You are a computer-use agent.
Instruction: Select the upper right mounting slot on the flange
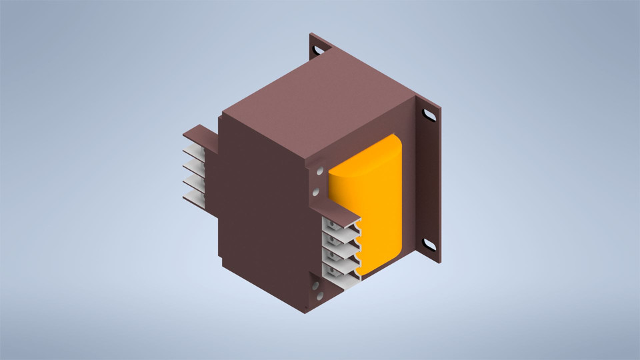pos(430,115)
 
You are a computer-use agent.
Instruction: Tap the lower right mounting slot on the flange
pos(430,245)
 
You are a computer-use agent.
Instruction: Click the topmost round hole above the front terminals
pos(318,171)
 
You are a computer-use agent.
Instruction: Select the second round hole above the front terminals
pos(318,193)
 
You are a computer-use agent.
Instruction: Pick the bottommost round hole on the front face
pos(318,295)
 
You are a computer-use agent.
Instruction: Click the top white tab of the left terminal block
pos(193,151)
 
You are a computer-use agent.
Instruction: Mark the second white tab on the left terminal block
pos(193,166)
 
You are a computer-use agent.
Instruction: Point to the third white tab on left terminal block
pos(193,181)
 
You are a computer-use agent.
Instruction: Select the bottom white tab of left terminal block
pos(193,196)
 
